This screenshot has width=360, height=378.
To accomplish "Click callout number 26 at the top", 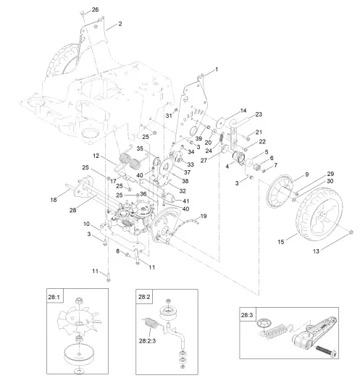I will (95, 9).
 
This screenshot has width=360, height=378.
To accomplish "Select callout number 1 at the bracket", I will (216, 69).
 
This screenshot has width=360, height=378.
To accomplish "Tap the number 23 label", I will (258, 114).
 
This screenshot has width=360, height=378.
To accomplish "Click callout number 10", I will (87, 224).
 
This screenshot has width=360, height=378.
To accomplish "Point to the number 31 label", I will (167, 116).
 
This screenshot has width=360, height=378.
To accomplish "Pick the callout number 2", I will (120, 25).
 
